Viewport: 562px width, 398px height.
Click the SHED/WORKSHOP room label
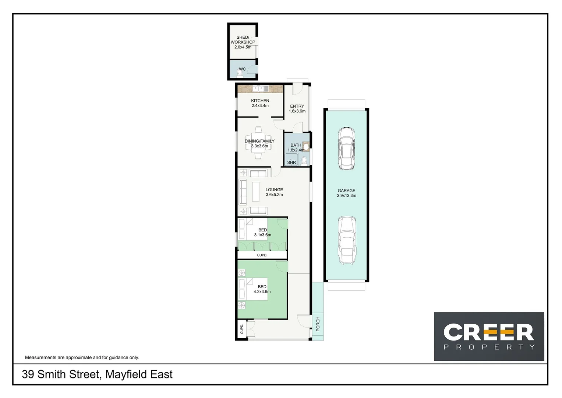[x=243, y=42]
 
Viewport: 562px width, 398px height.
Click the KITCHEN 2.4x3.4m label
[x=260, y=103]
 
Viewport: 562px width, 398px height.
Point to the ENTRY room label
[x=297, y=109]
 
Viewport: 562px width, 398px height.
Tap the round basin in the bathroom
[x=305, y=146]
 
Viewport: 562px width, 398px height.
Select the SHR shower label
[x=291, y=163]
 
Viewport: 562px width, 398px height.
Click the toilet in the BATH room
[x=304, y=161]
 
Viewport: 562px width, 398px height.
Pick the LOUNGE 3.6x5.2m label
[x=274, y=192]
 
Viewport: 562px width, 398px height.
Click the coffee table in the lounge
[x=255, y=192]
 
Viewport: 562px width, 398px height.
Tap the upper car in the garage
[x=347, y=149]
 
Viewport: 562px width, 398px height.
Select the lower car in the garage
[x=347, y=240]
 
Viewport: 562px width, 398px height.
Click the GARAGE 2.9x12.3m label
[x=346, y=193]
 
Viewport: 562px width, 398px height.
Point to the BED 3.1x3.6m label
[x=262, y=232]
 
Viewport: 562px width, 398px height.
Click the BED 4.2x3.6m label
[x=262, y=289]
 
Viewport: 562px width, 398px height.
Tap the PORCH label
[x=318, y=324]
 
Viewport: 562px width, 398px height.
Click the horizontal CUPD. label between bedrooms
[x=262, y=255]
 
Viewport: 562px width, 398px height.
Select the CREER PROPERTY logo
[x=489, y=336]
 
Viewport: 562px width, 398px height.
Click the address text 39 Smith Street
[x=97, y=374]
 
